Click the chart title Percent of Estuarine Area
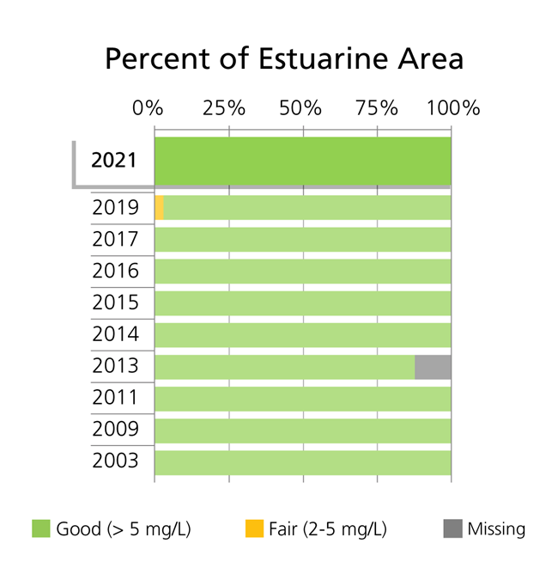coord(283,59)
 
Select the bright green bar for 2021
coord(302,161)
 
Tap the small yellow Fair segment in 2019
coord(160,208)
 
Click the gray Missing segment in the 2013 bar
coord(433,367)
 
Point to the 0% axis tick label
coord(148,109)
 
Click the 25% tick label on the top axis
coord(224,109)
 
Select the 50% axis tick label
coord(300,109)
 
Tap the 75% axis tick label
coord(376,109)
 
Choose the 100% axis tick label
coord(452,109)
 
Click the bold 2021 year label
coord(114,161)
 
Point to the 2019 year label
coord(115,208)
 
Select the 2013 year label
coord(115,366)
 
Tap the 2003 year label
coord(115,461)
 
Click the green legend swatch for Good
coord(41,528)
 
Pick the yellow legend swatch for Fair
coord(253,528)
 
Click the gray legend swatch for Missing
coord(452,528)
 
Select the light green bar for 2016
coord(302,272)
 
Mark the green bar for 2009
coord(302,430)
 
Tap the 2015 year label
coord(115,302)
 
